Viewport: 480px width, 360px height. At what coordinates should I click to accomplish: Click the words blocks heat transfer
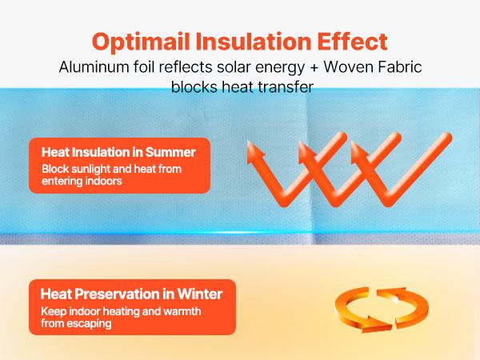(x=240, y=87)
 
